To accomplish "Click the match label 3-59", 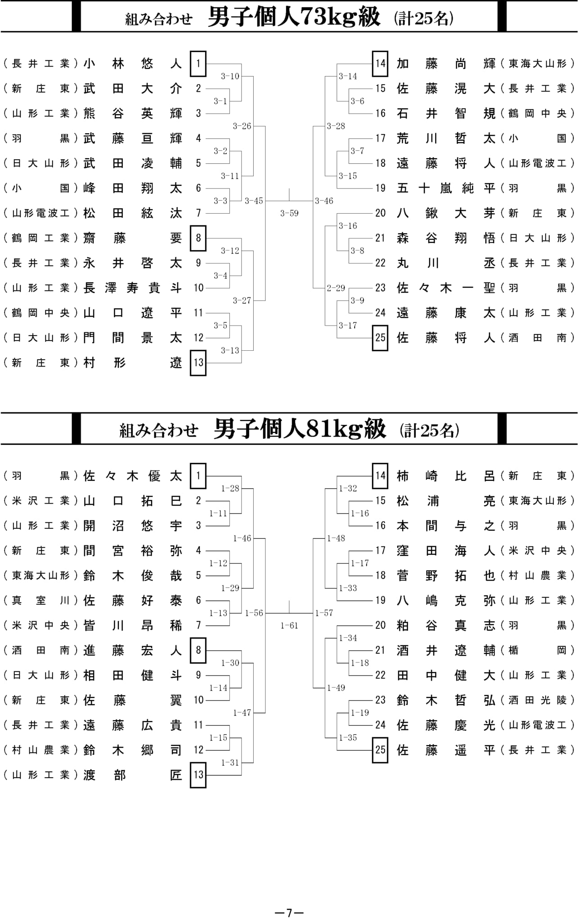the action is (x=289, y=213).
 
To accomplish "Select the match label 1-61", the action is (x=289, y=625).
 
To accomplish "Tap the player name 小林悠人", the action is (x=133, y=63).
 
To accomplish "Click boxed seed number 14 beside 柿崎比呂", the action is (x=380, y=475).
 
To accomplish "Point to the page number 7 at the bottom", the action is (x=289, y=912).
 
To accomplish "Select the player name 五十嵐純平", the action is (x=446, y=188).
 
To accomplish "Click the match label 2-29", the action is (x=336, y=288).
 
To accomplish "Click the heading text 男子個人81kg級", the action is (x=300, y=429).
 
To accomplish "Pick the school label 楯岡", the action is (x=538, y=650).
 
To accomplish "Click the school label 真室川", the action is (x=41, y=600).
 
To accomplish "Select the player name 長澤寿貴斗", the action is (x=133, y=287).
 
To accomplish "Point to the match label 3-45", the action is (x=254, y=201).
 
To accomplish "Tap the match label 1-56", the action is (x=254, y=613).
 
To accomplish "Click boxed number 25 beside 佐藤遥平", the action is (x=380, y=750).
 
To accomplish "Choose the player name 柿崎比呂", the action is (x=446, y=476).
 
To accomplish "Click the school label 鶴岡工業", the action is (x=41, y=237).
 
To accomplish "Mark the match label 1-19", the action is (x=359, y=712).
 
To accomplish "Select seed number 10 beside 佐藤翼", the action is (x=198, y=700).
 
